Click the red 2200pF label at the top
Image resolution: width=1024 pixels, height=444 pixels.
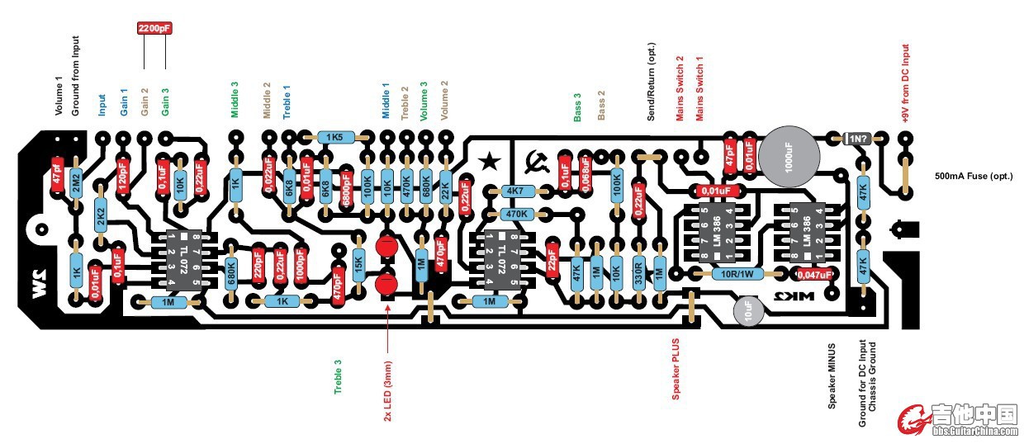(x=155, y=28)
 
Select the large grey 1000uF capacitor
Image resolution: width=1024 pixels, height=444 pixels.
(x=789, y=154)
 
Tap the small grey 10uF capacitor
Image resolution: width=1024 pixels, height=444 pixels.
(x=748, y=312)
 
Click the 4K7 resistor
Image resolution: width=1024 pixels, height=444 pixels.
(x=515, y=191)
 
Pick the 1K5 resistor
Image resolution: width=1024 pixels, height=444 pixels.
(x=334, y=137)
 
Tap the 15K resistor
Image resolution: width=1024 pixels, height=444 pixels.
(x=359, y=263)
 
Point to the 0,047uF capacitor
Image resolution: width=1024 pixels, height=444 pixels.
(x=814, y=274)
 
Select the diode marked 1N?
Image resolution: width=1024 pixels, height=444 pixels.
(x=856, y=138)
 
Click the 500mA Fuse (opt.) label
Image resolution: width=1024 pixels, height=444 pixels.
(x=974, y=177)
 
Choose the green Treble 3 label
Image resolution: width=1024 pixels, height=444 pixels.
(x=338, y=377)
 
